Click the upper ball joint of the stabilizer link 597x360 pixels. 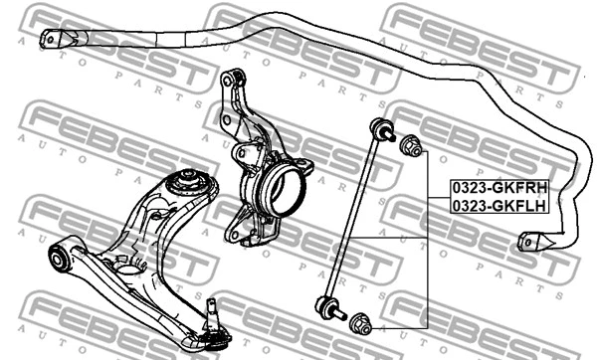pyautogui.click(x=379, y=128)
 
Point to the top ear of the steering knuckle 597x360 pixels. pyautogui.click(x=233, y=79)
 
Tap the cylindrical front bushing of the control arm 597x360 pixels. pyautogui.click(x=61, y=258)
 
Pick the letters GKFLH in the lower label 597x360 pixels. pyautogui.click(x=515, y=206)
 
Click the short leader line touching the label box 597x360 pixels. pyautogui.click(x=437, y=197)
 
